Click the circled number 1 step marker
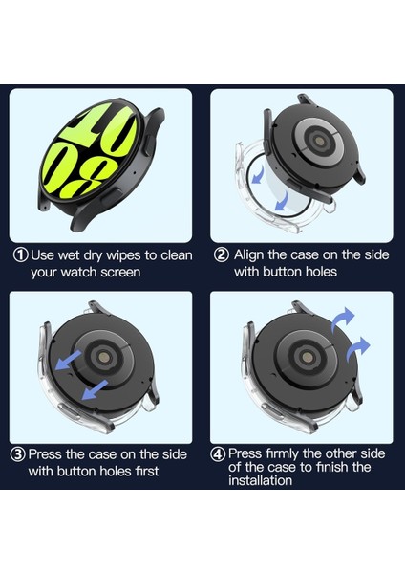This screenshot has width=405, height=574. [21, 254]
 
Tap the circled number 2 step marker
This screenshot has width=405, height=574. [222, 254]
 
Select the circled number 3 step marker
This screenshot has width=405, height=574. [18, 454]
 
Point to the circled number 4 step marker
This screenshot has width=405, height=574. [218, 454]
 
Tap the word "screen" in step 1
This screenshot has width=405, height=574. [120, 273]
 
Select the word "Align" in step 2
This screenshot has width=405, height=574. [248, 255]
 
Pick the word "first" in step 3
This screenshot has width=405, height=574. [147, 471]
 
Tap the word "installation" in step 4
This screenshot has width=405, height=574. [260, 480]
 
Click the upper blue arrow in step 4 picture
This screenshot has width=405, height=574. [342, 319]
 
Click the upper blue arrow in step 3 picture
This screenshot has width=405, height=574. [69, 360]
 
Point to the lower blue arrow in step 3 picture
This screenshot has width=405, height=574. [95, 389]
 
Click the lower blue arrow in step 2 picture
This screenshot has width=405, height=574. [282, 202]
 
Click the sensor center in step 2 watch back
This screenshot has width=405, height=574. [319, 141]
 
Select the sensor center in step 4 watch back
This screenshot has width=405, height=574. [308, 357]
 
